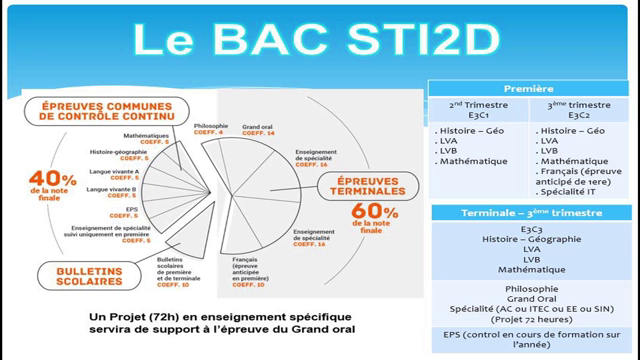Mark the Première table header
[530, 89]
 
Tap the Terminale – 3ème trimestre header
[530, 214]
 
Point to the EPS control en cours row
[530, 338]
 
